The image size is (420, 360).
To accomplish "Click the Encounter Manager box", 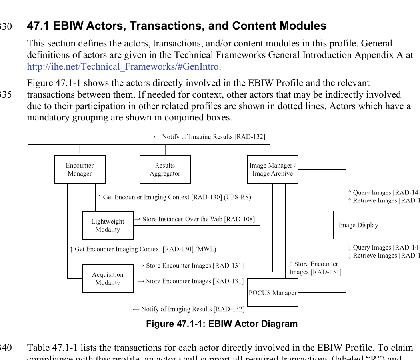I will (x=80, y=170).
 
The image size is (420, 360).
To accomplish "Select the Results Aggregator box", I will (x=165, y=170).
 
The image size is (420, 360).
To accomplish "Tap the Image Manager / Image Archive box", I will (x=273, y=170).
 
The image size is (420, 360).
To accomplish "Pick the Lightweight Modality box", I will (x=108, y=226).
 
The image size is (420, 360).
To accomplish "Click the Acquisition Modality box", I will (x=108, y=279).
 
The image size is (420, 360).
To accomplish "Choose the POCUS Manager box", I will (x=273, y=293).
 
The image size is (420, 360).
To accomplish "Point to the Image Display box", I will (x=358, y=225).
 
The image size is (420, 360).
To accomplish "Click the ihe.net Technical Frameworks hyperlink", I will (x=123, y=66).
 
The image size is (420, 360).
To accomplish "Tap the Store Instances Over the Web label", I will (x=194, y=219).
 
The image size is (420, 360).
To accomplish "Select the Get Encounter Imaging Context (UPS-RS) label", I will (x=174, y=197).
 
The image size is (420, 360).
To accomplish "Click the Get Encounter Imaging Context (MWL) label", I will (x=143, y=249).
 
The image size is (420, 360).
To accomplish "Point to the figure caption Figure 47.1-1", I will (x=222, y=324).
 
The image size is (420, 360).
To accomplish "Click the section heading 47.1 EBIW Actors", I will (x=176, y=26).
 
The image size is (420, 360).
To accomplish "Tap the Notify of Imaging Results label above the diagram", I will (x=209, y=137).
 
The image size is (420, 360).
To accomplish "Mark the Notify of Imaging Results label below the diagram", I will (x=188, y=309).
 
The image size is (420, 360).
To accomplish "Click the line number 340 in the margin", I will (x=6, y=348).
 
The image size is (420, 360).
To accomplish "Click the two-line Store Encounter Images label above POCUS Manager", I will (x=315, y=268).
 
